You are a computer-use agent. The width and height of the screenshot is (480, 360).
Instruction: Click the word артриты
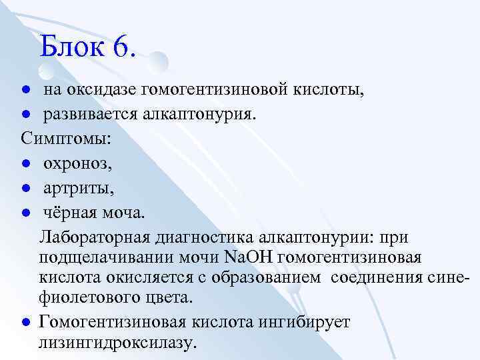click(x=79, y=189)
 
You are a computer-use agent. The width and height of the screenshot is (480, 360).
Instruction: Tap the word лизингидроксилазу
click(x=117, y=343)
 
